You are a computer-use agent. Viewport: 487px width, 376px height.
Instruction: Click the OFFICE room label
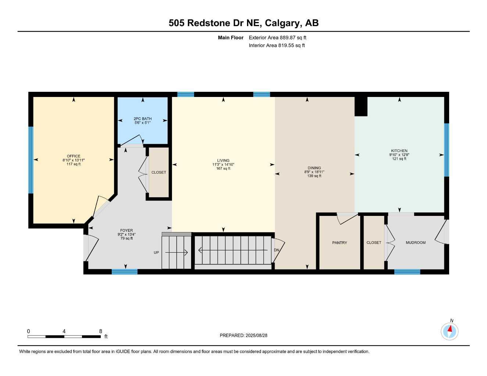(74, 156)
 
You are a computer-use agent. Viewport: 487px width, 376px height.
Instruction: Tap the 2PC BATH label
(143, 119)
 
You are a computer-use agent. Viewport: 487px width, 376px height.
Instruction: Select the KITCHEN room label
(399, 151)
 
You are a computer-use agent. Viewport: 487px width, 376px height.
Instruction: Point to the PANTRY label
(339, 243)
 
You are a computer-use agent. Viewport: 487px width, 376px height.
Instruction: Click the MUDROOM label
(415, 243)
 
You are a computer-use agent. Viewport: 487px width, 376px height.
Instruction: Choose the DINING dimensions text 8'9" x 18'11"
(314, 172)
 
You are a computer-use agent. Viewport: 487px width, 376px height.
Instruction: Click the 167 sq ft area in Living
(223, 169)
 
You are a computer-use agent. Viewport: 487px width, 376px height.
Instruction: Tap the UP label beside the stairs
(156, 253)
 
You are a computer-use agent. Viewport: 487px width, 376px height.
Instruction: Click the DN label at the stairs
(276, 250)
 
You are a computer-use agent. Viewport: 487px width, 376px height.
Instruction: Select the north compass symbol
(450, 331)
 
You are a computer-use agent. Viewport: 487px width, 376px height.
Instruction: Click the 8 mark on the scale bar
(101, 331)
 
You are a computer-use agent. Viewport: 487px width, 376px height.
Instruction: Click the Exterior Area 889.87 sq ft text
(277, 37)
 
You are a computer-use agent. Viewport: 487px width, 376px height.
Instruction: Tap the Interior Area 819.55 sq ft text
(277, 46)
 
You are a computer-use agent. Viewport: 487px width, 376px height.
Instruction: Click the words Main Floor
(230, 37)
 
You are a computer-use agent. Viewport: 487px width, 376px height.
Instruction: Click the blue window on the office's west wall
(31, 160)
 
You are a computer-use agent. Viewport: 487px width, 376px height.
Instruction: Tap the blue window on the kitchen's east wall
(447, 150)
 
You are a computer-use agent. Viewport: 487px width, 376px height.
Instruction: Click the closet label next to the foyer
(159, 172)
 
